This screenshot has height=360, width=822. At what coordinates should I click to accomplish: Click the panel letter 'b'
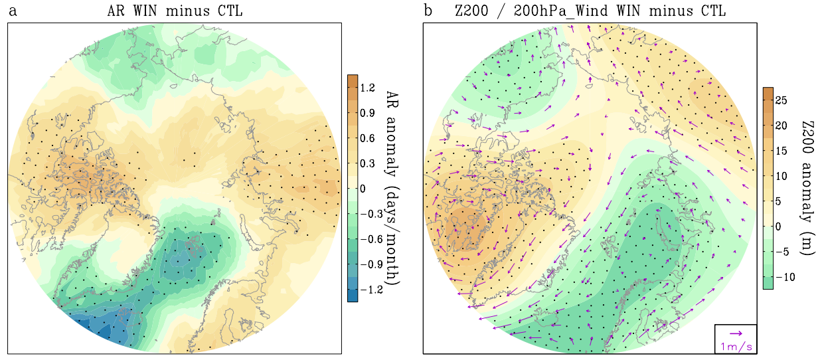coord(428,11)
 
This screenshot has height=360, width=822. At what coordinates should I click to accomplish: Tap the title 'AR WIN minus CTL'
coord(176,11)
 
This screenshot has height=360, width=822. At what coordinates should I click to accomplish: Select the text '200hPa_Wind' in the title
coord(554,11)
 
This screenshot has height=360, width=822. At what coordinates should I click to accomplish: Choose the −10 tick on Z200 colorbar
coord(786,276)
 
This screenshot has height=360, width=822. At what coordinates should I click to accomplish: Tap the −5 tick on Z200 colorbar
coord(784,251)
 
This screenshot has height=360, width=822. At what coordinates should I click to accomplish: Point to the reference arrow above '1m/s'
coord(736,333)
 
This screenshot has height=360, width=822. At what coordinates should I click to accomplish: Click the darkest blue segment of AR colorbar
coord(353,296)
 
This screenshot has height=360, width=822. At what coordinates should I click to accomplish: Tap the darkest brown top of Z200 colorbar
coord(768,92)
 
